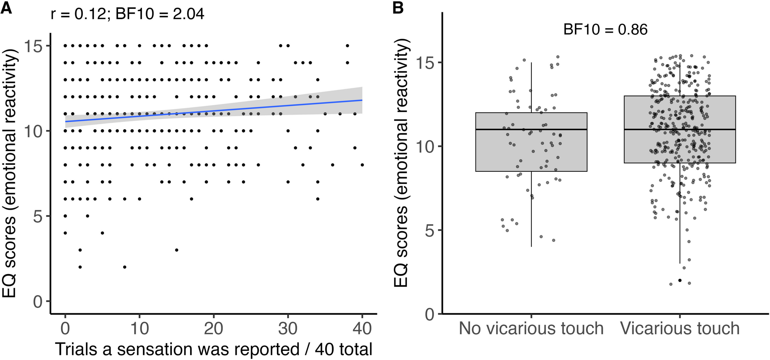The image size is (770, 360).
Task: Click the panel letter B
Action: pos(398,8)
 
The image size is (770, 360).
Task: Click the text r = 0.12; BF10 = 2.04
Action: pos(127,14)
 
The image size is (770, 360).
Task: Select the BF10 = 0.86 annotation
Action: pos(605,30)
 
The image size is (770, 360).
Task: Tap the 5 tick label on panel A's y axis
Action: pos(38,217)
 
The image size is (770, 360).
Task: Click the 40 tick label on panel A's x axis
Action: pos(362,329)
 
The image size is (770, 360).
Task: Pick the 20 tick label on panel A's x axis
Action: pos(213,329)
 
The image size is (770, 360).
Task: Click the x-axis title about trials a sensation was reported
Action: pos(214,349)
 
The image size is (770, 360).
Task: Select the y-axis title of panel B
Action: pos(402,163)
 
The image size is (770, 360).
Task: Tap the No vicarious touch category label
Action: pos(531,329)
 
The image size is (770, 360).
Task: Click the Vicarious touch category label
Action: pos(680,329)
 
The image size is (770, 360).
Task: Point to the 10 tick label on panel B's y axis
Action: pos(425,146)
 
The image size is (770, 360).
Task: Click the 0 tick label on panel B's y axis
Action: pos(429,314)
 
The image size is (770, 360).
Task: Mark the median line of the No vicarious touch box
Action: pos(531,130)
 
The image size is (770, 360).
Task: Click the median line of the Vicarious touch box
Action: pos(680,130)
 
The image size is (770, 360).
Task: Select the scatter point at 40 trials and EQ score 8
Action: pos(362,165)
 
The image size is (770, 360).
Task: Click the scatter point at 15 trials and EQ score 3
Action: pos(176,250)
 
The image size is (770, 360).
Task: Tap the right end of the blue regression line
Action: pos(362,100)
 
